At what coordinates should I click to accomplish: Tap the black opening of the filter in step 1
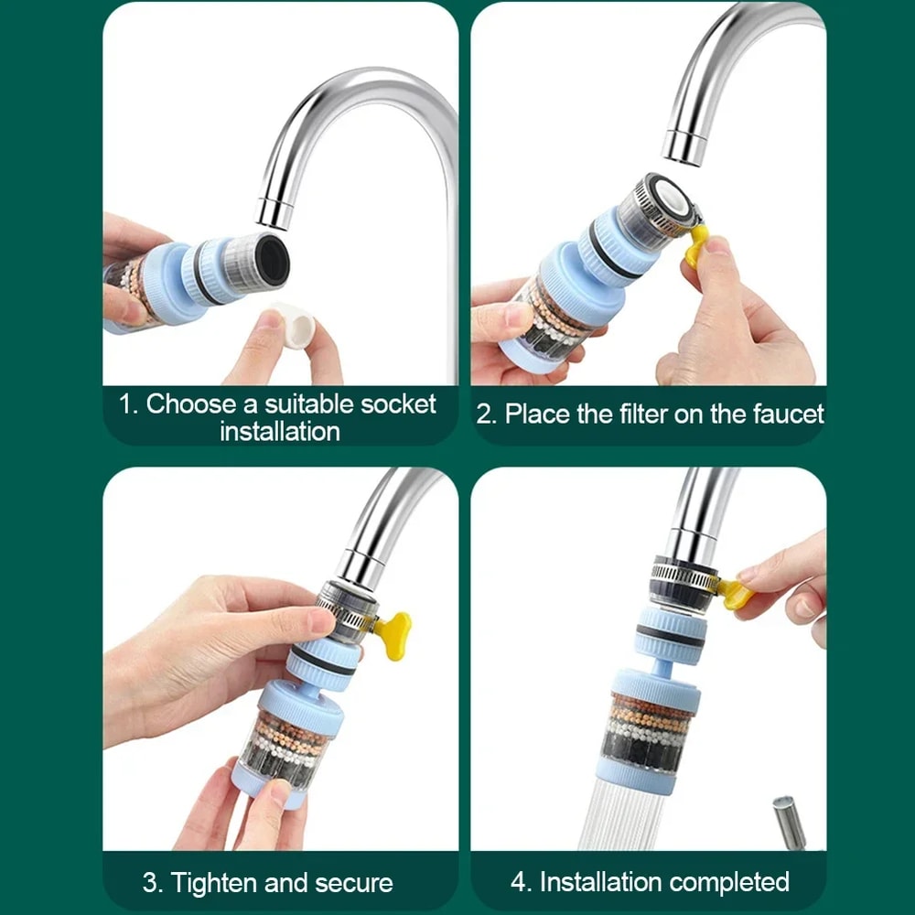pos(272,259)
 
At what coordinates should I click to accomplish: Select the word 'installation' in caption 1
pos(280,431)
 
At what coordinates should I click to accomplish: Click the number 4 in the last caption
pos(520,882)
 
